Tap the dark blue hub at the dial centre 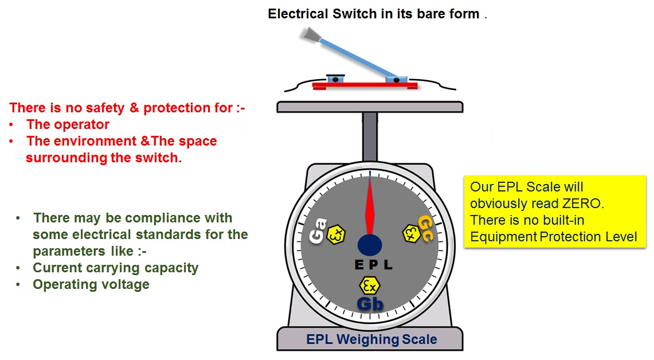point(370,245)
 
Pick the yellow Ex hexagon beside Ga point(336,233)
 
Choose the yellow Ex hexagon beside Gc point(410,233)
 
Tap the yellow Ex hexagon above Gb point(370,285)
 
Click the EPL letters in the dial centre point(373,265)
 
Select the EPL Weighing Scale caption point(371,339)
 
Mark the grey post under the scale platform point(370,136)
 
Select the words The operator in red point(68,124)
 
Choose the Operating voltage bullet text point(91,284)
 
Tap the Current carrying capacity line point(115,268)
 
